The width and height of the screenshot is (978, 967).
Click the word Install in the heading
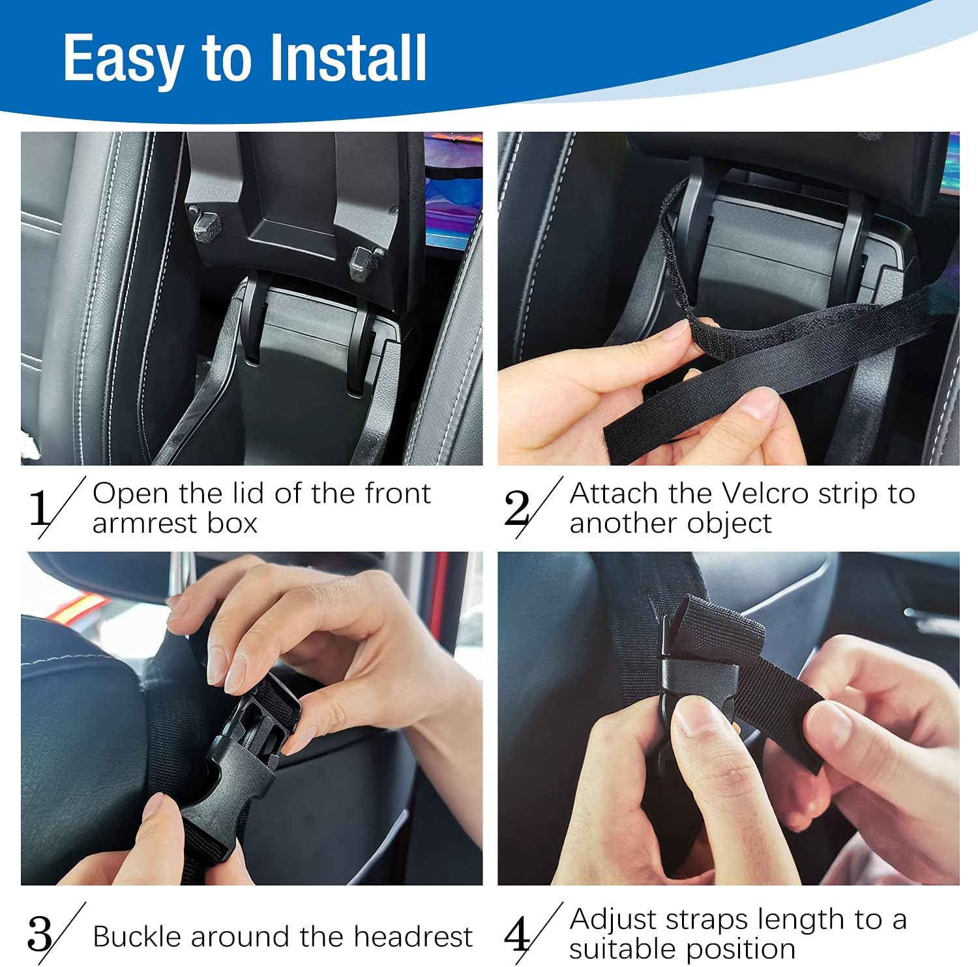point(348,59)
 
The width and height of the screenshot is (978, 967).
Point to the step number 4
point(517,934)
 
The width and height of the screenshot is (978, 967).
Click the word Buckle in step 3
point(137,936)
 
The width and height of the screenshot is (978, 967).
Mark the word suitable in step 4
point(625,949)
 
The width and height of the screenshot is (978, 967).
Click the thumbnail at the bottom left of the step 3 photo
point(156,809)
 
